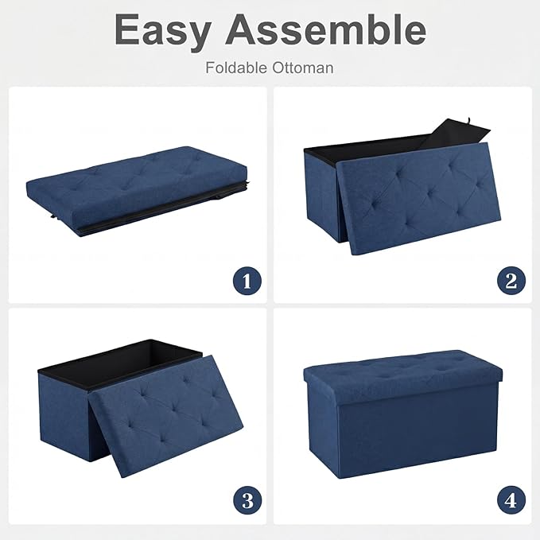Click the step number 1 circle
click(247, 280)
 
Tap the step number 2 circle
click(511, 280)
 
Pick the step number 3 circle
click(247, 500)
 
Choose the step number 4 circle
click(511, 500)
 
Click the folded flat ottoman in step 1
click(135, 190)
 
